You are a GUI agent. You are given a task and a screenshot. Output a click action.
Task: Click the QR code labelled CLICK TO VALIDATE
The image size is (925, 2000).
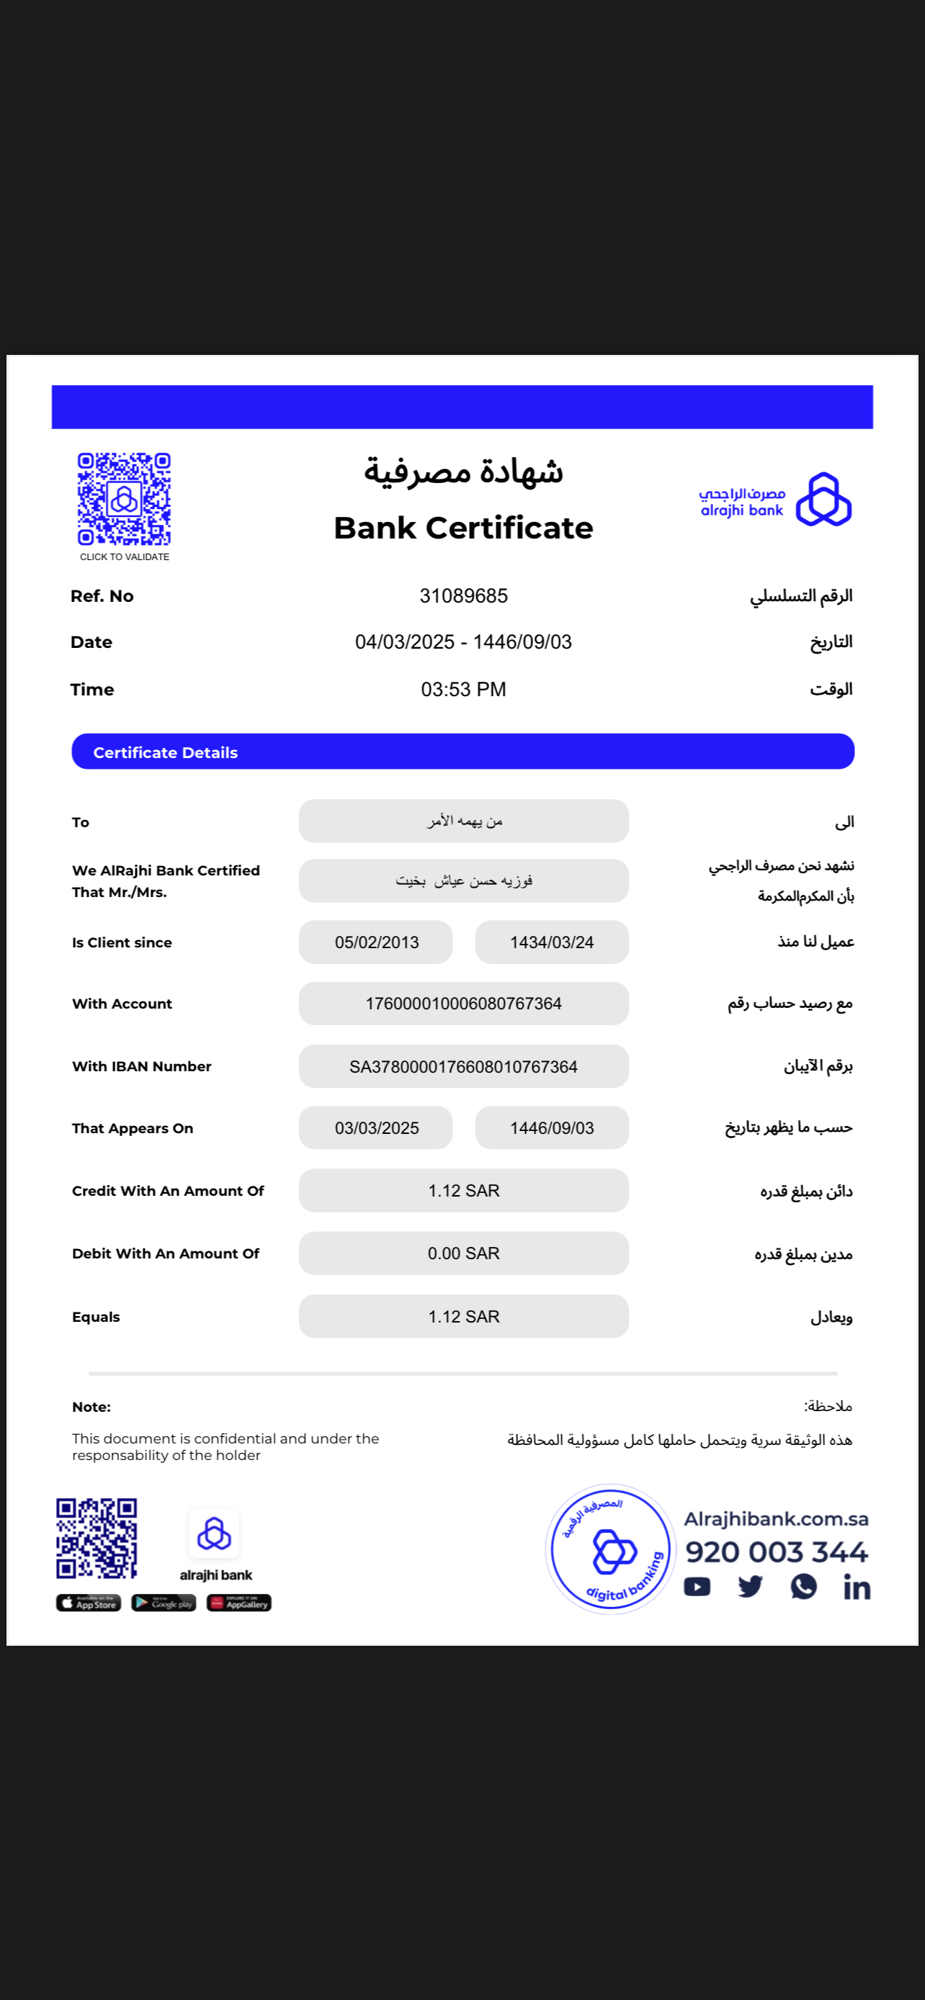click(124, 499)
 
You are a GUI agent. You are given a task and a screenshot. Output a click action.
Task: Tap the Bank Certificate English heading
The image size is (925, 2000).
click(463, 528)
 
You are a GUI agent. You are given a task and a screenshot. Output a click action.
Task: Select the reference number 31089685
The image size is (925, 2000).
click(463, 595)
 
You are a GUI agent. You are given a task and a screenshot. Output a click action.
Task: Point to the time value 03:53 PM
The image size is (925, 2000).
click(463, 690)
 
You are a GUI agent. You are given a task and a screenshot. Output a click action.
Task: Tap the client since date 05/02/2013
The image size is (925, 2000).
click(377, 942)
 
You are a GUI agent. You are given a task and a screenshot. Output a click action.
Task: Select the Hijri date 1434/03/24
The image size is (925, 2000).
click(551, 942)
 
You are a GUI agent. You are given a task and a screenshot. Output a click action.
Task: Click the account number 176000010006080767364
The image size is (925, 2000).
click(463, 1003)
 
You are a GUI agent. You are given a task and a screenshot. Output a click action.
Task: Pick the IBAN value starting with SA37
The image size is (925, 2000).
click(463, 1066)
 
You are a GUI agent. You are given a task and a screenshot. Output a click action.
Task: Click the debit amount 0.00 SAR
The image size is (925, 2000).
click(463, 1253)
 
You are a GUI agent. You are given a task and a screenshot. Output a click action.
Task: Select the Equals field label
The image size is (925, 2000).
click(97, 1317)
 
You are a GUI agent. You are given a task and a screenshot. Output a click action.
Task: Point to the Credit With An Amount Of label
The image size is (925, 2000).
click(168, 1191)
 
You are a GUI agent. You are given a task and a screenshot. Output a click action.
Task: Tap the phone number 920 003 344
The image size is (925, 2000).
click(776, 1552)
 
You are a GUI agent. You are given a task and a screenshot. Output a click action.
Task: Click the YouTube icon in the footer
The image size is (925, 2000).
click(697, 1587)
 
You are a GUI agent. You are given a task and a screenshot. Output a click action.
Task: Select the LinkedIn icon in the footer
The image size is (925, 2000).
click(857, 1587)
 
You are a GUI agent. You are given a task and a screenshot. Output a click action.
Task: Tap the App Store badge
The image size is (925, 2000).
click(89, 1603)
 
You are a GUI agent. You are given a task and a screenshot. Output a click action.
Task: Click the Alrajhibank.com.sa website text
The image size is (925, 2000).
click(776, 1518)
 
